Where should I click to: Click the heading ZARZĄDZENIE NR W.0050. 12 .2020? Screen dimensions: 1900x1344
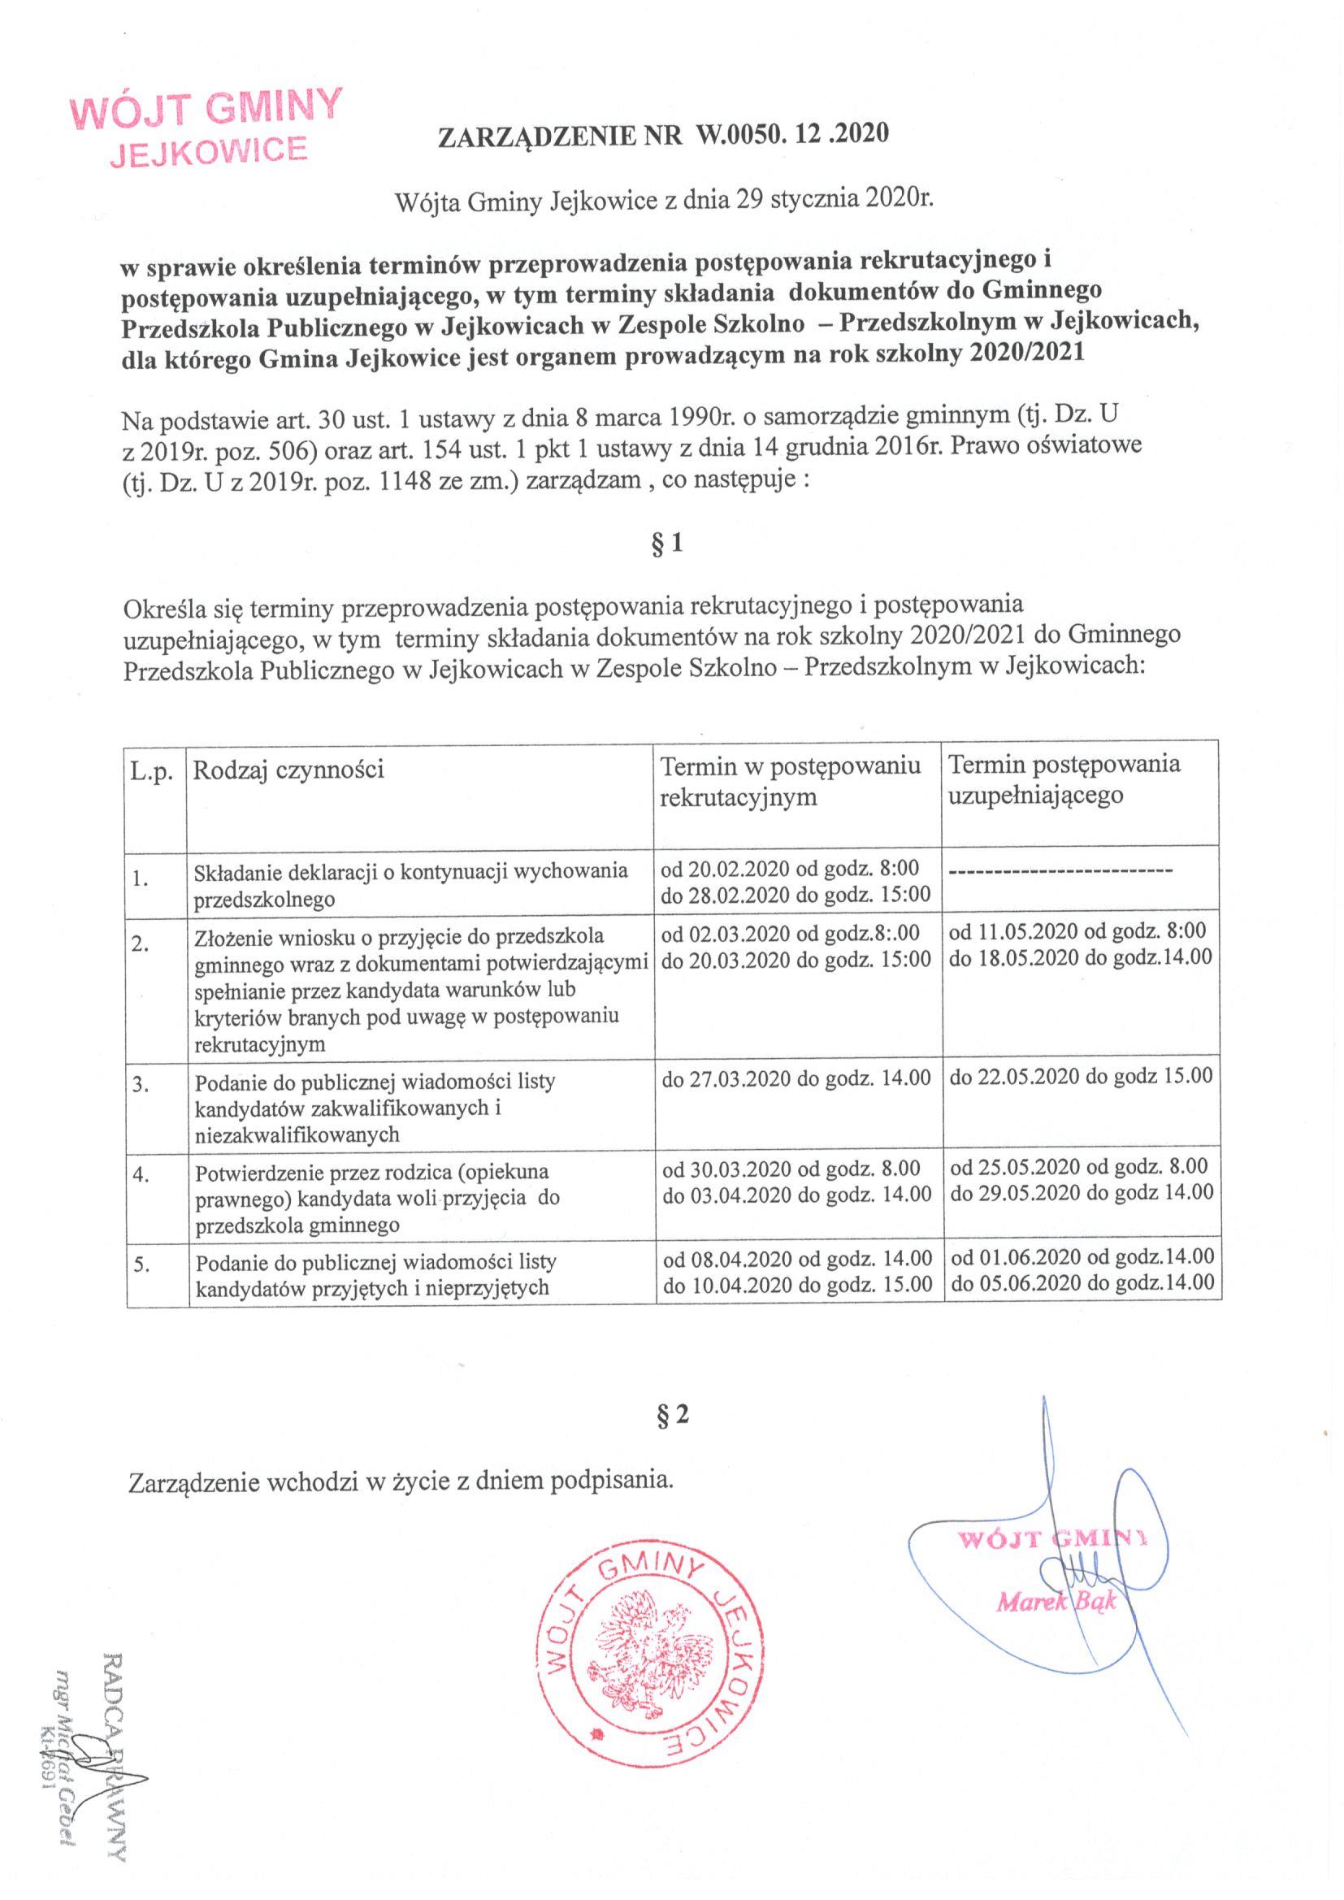662,135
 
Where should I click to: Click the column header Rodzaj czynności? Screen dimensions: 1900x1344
288,770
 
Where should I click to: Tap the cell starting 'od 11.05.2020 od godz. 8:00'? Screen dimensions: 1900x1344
1081,944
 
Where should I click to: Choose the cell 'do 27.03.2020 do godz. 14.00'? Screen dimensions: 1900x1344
797,1078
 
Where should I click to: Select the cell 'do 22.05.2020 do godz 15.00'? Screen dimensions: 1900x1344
1081,1076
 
